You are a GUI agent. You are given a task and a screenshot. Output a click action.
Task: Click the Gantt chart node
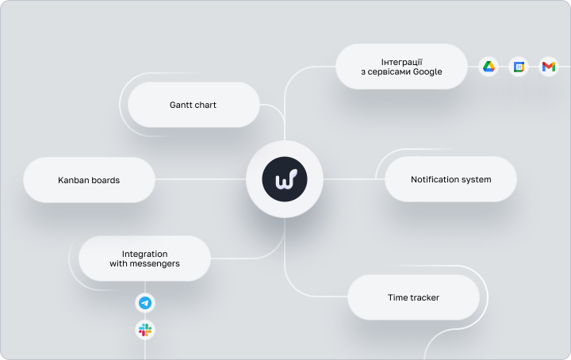tap(194, 105)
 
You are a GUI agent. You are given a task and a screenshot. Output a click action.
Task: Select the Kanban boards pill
tap(89, 180)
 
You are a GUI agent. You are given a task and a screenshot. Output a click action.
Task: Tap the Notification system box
tap(450, 179)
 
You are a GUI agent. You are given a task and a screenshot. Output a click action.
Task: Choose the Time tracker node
tap(414, 297)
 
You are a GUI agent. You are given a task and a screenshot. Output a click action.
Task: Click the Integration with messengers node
tap(144, 259)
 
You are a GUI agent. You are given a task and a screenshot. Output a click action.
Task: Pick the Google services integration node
tap(401, 67)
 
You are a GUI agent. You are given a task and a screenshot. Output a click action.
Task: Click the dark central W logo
tap(285, 179)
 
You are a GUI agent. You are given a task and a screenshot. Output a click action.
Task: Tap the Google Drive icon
tap(489, 67)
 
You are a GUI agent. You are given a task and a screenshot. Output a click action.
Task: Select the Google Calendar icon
tap(519, 67)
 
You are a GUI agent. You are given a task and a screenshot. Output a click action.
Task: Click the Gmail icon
tap(549, 67)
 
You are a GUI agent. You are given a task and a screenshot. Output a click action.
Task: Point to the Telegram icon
tap(145, 303)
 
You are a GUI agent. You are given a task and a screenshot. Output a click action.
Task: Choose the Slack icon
tap(145, 330)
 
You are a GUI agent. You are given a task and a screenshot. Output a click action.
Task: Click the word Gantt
tap(179, 105)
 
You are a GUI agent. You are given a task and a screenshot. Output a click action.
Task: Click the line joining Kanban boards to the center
tap(201, 179)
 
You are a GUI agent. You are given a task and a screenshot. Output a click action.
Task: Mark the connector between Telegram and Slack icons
tap(145, 316)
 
